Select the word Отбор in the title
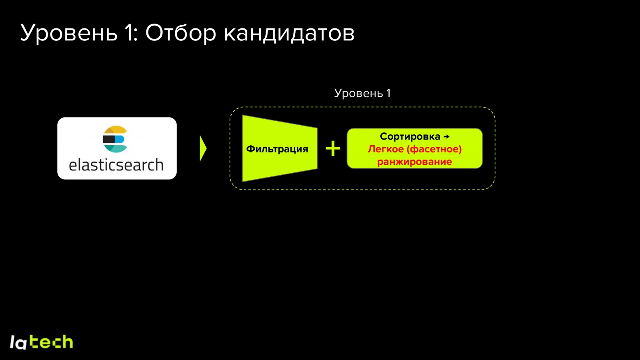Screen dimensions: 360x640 click(180, 33)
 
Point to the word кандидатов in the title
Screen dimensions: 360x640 click(289, 33)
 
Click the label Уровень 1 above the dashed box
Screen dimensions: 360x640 click(362, 93)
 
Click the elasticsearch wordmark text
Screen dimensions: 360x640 click(116, 165)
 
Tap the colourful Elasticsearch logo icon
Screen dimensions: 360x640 click(115, 139)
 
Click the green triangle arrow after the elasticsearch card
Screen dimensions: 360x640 click(203, 148)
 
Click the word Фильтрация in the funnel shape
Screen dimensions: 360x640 click(277, 149)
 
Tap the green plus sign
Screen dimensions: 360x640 click(333, 148)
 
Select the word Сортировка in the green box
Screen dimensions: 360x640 click(410, 136)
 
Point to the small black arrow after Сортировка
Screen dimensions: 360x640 click(447, 137)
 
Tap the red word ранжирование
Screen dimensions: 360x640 click(414, 162)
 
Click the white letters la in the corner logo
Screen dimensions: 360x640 click(18, 343)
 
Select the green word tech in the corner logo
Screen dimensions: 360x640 click(52, 342)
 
